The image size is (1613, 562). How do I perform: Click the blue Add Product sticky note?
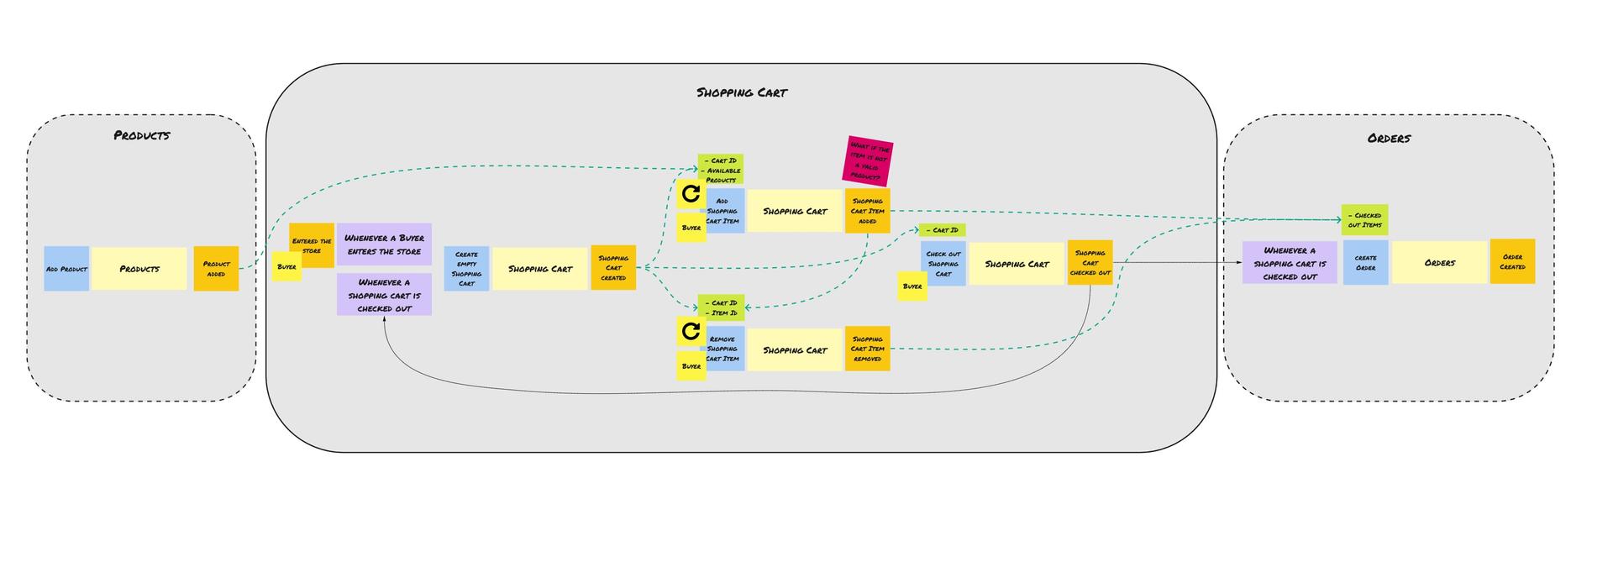click(66, 269)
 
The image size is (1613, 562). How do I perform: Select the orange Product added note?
click(216, 269)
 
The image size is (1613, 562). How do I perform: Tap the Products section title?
click(142, 135)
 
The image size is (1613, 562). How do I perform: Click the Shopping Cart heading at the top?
click(742, 92)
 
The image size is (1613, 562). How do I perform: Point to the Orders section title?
click(1389, 139)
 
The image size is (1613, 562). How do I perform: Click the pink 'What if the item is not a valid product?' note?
click(867, 160)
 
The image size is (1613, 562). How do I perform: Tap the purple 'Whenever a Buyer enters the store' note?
click(384, 244)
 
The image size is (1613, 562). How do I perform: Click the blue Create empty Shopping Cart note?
click(466, 269)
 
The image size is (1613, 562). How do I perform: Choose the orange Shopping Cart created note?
click(613, 268)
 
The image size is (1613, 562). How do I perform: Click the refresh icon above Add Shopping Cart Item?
click(691, 194)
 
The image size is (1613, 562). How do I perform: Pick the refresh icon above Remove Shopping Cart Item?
click(691, 332)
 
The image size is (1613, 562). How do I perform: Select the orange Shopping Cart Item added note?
click(868, 211)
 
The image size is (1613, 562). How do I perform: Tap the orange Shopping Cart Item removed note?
click(868, 349)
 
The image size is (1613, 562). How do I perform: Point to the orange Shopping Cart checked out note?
click(1090, 263)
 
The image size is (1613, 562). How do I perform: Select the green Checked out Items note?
click(1364, 220)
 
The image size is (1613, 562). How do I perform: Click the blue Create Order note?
click(1365, 263)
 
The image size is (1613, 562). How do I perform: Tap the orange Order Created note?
click(1512, 262)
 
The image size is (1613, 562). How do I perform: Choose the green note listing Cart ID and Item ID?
click(722, 307)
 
